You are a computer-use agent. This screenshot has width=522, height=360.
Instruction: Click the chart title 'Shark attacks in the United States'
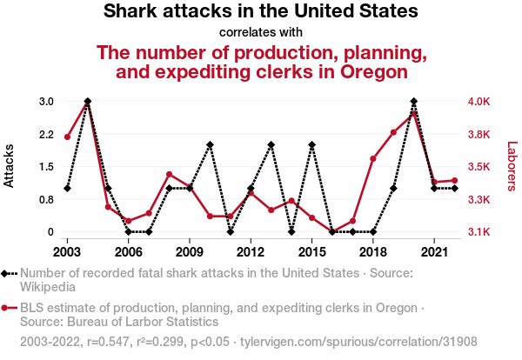click(x=261, y=13)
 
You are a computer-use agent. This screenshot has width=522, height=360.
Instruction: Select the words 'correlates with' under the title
click(x=261, y=33)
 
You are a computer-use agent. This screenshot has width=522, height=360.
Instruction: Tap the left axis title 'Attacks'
click(x=10, y=166)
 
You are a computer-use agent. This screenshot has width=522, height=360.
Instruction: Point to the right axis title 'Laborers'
click(x=512, y=166)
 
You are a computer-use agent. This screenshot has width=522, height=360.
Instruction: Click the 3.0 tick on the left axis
click(x=45, y=102)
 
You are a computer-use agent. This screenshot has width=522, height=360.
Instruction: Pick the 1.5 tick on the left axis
click(x=45, y=167)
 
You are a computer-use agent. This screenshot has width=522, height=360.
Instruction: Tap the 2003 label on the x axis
click(x=67, y=251)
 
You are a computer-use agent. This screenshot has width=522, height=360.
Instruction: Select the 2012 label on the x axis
click(x=251, y=251)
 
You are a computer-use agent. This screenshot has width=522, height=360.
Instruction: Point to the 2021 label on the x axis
click(x=434, y=251)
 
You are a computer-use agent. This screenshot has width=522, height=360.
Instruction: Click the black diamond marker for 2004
click(x=88, y=102)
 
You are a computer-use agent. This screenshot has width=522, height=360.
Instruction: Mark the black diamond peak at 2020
click(x=414, y=102)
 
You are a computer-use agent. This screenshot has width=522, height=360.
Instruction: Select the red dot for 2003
click(x=67, y=137)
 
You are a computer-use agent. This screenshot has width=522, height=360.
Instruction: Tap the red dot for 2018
click(x=373, y=159)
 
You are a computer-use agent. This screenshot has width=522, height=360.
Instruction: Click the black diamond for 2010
click(x=210, y=144)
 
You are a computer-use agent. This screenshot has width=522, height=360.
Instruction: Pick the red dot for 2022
click(x=455, y=181)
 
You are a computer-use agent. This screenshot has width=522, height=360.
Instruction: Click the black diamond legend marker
click(x=7, y=272)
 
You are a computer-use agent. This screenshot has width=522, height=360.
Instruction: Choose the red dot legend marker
click(x=7, y=307)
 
